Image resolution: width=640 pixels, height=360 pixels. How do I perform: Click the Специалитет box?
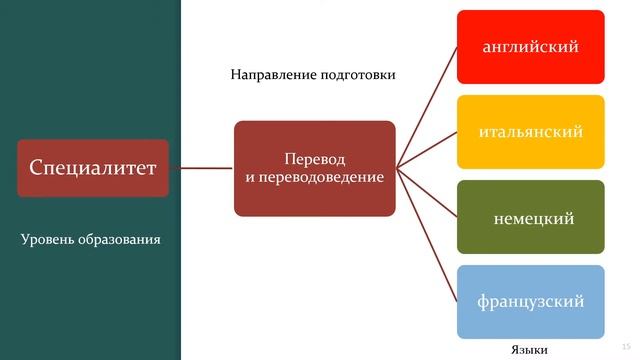[x=91, y=168]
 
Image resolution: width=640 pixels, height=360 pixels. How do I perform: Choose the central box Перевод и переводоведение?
[x=315, y=168]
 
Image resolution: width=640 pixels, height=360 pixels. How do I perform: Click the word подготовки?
[x=351, y=75]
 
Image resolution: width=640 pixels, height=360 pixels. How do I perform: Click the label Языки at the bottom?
[x=530, y=348]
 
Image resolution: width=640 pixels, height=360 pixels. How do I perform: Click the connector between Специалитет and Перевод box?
[x=201, y=168]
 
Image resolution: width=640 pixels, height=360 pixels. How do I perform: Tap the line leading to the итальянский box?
[x=428, y=149]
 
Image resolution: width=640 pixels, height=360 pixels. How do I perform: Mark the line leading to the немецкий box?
[x=428, y=193]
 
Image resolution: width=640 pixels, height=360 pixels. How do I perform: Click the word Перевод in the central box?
[x=314, y=160]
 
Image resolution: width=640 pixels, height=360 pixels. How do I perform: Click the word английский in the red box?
[x=531, y=46]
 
